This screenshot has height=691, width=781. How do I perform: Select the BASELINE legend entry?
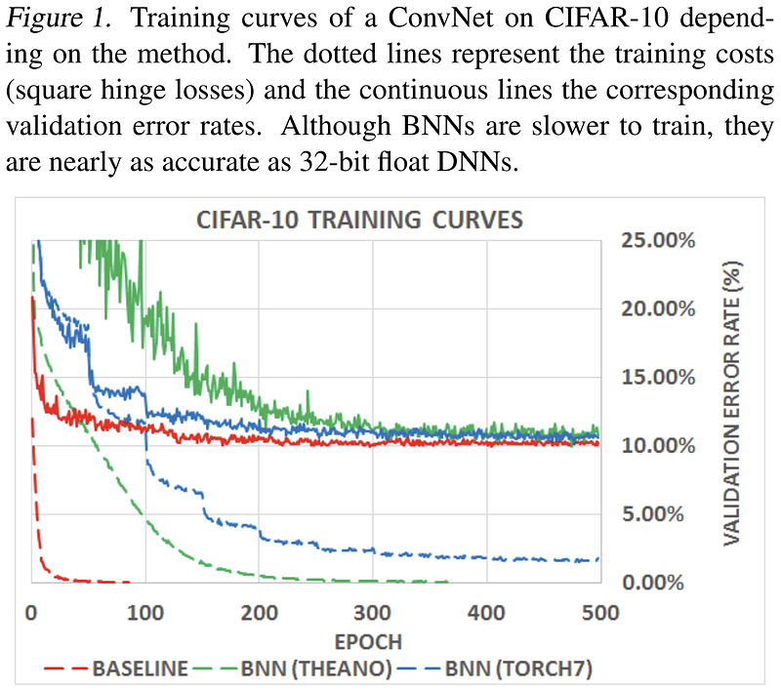click(140, 670)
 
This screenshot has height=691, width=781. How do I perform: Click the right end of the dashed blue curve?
click(598, 559)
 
